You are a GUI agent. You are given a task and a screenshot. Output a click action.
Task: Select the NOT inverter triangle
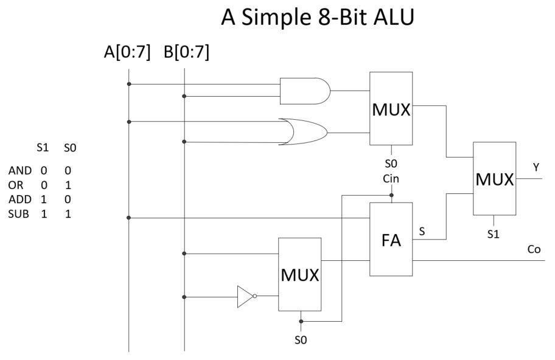pos(245,297)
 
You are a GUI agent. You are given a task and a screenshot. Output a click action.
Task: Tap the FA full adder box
pos(391,239)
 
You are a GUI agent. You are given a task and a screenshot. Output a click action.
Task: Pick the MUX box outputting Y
pos(494,179)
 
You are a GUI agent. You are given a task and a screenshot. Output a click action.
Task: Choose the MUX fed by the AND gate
pos(391,108)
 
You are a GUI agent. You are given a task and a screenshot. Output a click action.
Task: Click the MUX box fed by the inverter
pos(299,274)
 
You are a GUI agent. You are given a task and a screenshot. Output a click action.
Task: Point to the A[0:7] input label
pos(127,53)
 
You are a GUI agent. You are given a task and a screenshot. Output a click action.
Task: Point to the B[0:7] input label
pos(186,53)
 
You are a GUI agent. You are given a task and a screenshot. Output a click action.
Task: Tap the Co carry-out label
pos(534,249)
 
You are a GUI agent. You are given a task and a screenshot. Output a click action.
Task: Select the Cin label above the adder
pos(391,178)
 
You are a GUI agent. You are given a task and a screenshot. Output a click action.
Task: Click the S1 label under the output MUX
pos(494,235)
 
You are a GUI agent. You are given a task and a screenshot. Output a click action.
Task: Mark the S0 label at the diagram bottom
pos(301,341)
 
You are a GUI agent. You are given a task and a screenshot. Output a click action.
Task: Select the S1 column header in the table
pos(43,148)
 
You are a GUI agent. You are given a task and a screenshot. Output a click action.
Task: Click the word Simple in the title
pos(276,18)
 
